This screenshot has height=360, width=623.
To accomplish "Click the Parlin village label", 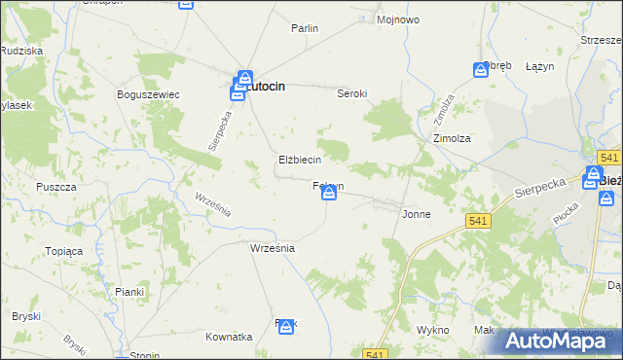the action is coord(305,28).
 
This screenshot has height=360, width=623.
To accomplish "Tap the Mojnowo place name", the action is coord(397,18).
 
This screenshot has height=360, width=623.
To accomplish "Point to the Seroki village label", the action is coord(351,93).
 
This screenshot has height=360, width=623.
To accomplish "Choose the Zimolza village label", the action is coord(452,138).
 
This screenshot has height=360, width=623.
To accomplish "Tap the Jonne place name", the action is coord(417,214).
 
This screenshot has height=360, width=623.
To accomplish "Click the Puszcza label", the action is coord(56,186).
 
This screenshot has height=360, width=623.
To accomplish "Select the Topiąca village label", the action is coord(64,251).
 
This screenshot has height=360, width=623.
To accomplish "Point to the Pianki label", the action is coord(129,291).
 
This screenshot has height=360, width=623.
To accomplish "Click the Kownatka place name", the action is coord(229,337).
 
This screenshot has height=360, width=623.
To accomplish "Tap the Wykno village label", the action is coord(431,330).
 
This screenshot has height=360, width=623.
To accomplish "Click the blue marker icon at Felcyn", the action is coord(329,195).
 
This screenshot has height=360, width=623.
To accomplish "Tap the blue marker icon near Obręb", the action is coord(481,70).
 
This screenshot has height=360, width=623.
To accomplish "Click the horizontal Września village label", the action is coord(272,248).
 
